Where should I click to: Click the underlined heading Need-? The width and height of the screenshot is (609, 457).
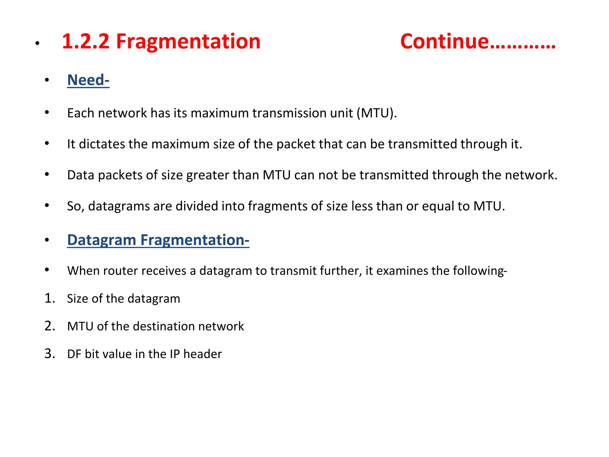88,80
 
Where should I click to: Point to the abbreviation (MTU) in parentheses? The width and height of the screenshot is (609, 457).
376,113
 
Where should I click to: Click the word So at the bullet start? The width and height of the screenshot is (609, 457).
74,206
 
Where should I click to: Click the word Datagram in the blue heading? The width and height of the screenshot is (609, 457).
101,240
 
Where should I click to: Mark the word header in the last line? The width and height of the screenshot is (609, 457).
203,354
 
